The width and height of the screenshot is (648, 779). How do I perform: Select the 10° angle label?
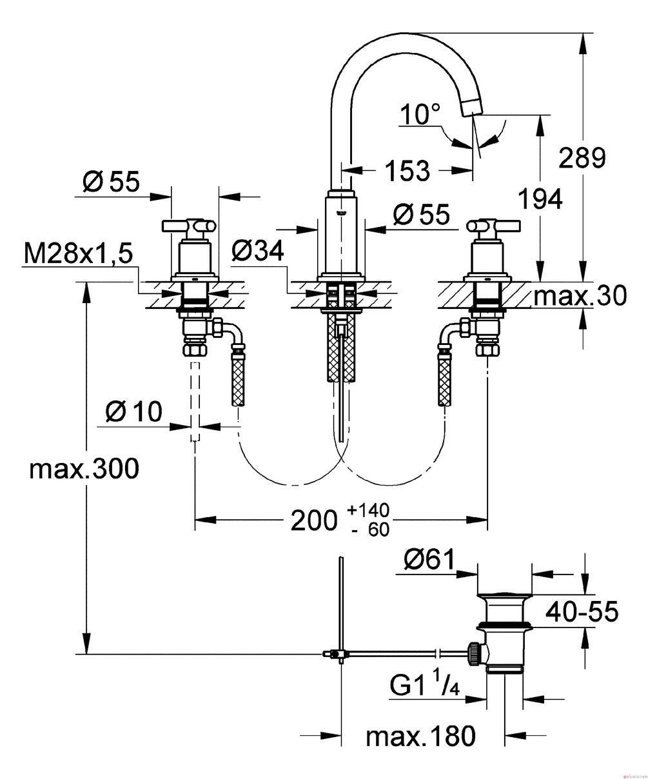click(420, 113)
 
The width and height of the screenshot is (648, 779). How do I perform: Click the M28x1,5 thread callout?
click(79, 255)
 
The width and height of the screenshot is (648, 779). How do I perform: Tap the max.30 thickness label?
click(580, 296)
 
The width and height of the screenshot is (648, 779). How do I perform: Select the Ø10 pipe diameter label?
click(133, 411)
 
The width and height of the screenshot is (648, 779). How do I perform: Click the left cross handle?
click(190, 227)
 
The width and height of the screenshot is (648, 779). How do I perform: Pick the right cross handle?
click(493, 227)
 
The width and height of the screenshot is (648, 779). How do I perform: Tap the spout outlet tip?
click(472, 108)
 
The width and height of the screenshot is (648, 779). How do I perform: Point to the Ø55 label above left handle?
click(111, 182)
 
